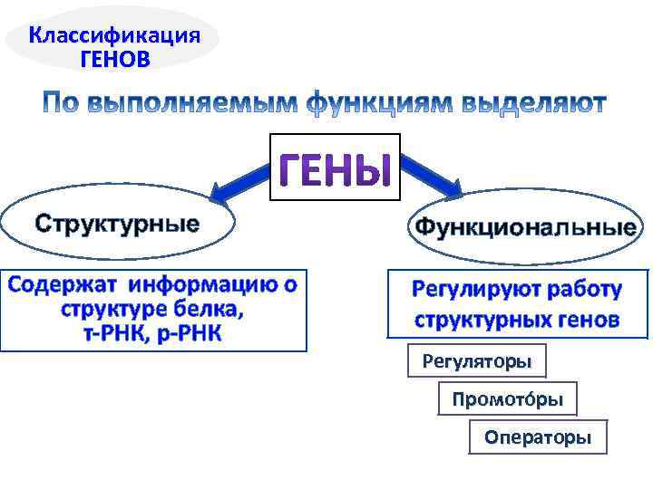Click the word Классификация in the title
pos(114,36)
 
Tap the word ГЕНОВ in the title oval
pos(114,60)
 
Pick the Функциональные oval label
pos(525,226)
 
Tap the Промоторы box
pos(508,399)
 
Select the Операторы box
pos(538,438)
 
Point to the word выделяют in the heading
pos(534,103)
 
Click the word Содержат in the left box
pos(63,285)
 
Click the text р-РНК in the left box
pos(187,333)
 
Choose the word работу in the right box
pos(580,290)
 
